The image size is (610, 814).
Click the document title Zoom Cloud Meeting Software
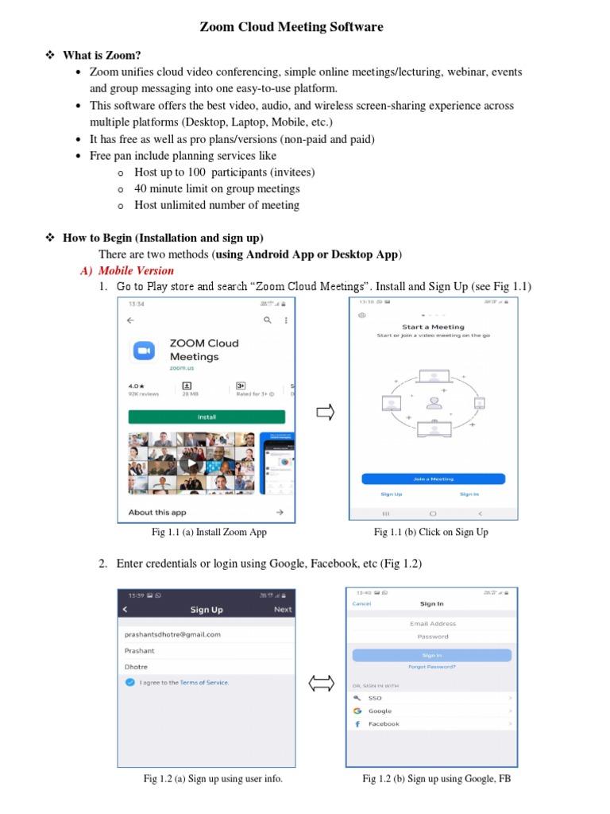click(x=291, y=27)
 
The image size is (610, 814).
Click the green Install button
click(x=207, y=417)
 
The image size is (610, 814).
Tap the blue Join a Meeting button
click(x=433, y=479)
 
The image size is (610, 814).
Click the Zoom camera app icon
click(x=144, y=351)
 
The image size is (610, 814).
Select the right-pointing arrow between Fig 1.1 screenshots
click(x=326, y=413)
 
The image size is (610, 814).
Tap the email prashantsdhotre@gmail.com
click(x=172, y=634)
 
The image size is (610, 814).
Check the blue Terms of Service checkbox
click(x=129, y=683)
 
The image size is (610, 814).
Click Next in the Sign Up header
click(x=283, y=610)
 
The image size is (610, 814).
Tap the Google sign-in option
click(x=380, y=711)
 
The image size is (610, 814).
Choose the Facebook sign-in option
click(x=384, y=724)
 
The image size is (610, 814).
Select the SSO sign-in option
click(x=375, y=698)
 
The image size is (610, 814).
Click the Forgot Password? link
click(x=431, y=667)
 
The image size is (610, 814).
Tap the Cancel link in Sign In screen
click(x=361, y=603)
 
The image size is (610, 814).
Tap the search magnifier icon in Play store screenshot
click(x=268, y=320)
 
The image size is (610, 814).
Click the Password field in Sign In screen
click(x=432, y=637)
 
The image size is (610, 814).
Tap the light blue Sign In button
click(x=432, y=655)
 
